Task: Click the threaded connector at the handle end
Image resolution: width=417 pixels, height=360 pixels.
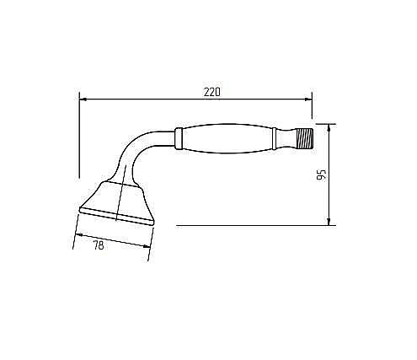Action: pyautogui.click(x=301, y=137)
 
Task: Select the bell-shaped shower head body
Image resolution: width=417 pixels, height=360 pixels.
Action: pyautogui.click(x=118, y=198)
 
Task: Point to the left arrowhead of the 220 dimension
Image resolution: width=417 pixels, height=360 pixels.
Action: pyautogui.click(x=83, y=98)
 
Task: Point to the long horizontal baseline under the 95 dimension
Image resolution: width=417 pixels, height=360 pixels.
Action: pyautogui.click(x=253, y=225)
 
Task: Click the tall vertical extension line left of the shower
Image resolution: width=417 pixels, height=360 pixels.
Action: pyautogui.click(x=79, y=135)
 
